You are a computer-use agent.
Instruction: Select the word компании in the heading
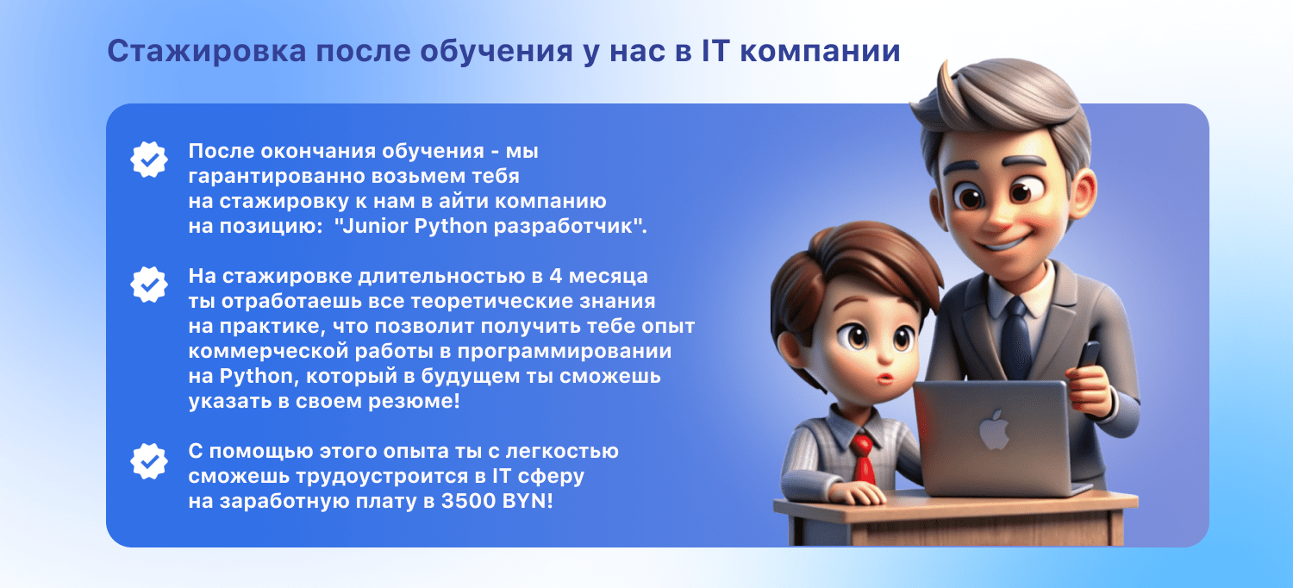821,52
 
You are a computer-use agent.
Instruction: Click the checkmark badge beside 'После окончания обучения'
149,160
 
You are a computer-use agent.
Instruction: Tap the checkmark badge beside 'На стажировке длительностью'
149,285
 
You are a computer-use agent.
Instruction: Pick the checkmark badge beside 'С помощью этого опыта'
149,461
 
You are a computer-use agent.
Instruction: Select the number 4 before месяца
555,276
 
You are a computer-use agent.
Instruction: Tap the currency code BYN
524,501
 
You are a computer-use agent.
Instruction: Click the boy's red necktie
863,459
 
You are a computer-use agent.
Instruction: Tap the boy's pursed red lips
884,378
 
